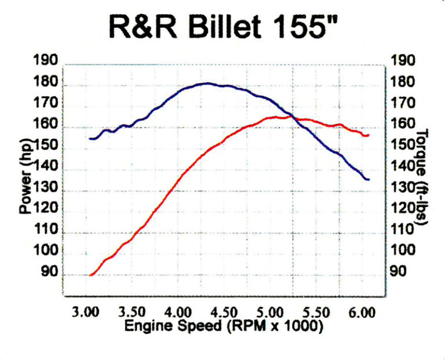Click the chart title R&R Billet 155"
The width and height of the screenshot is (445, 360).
pos(222,27)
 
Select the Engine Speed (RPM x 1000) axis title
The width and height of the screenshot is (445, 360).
pos(224,326)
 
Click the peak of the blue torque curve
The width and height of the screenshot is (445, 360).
pos(207,83)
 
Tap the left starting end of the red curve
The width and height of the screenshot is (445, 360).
pos(90,275)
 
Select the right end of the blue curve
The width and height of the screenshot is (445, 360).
pos(368,179)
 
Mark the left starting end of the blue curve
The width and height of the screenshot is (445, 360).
pos(90,138)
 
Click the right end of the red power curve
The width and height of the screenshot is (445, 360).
pos(368,135)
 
